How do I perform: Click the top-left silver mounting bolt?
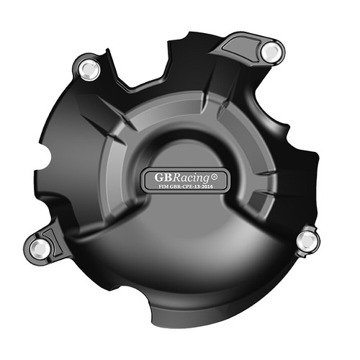click(89, 69)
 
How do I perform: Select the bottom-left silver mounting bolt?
click(41, 247)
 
